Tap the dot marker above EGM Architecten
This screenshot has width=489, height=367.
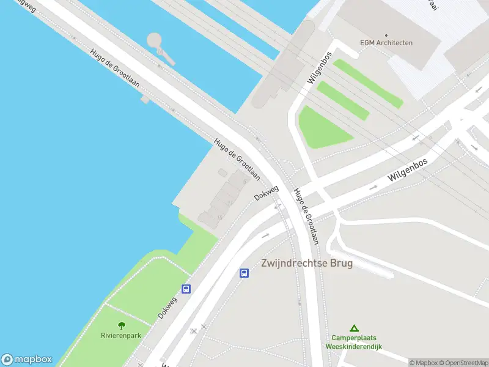pyautogui.click(x=386, y=35)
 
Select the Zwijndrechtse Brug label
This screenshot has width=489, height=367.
pyautogui.click(x=307, y=263)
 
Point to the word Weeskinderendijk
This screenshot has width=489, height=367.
pyautogui.click(x=353, y=346)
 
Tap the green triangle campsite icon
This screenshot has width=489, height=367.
pyautogui.click(x=353, y=328)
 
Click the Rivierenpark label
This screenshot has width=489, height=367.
pyautogui.click(x=120, y=335)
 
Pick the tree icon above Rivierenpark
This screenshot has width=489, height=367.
pyautogui.click(x=121, y=325)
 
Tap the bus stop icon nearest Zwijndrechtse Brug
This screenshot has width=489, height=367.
pyautogui.click(x=244, y=273)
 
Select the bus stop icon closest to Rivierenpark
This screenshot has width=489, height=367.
pyautogui.click(x=186, y=289)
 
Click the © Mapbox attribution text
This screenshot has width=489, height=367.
pyautogui.click(x=424, y=363)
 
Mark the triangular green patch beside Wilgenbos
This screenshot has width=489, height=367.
pyautogui.click(x=320, y=127)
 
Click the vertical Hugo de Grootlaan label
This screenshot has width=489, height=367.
pyautogui.click(x=306, y=216)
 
